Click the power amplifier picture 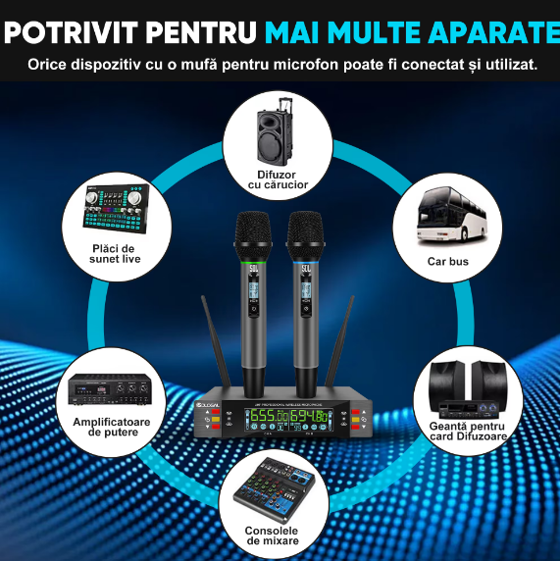click(x=110, y=390)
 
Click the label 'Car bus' click(x=448, y=262)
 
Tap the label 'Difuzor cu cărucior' click(x=279, y=179)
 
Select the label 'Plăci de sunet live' click(x=117, y=253)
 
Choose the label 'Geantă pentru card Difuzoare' click(x=468, y=431)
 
